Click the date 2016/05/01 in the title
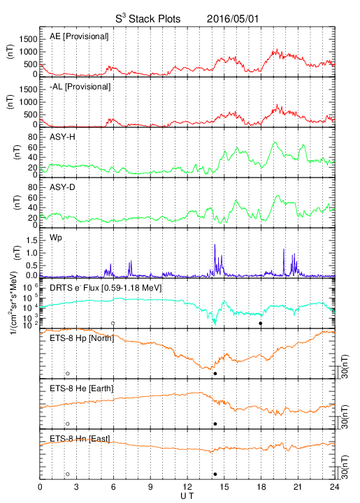pyautogui.click(x=232, y=19)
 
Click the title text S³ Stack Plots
pyautogui.click(x=148, y=19)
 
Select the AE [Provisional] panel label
pyautogui.click(x=79, y=36)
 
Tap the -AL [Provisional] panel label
pyautogui.click(x=80, y=87)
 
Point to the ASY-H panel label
pyautogui.click(x=62, y=137)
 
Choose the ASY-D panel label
pyautogui.click(x=62, y=187)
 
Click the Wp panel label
pyautogui.click(x=55, y=238)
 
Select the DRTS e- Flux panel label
pyautogui.click(x=106, y=288)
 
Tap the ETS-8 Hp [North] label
pyautogui.click(x=82, y=338)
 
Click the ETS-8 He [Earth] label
pyautogui.click(x=82, y=388)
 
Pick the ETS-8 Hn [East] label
pyautogui.click(x=80, y=439)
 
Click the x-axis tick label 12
pyautogui.click(x=187, y=487)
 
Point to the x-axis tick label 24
pyautogui.click(x=335, y=487)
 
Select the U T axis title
pyautogui.click(x=187, y=496)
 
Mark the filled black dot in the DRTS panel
pyautogui.click(x=261, y=323)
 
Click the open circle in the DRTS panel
pyautogui.click(x=113, y=323)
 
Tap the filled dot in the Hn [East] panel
pyautogui.click(x=215, y=474)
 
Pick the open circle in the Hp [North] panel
pyautogui.click(x=68, y=373)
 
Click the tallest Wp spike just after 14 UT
pyautogui.click(x=215, y=245)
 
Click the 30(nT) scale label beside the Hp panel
pyautogui.click(x=345, y=367)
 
